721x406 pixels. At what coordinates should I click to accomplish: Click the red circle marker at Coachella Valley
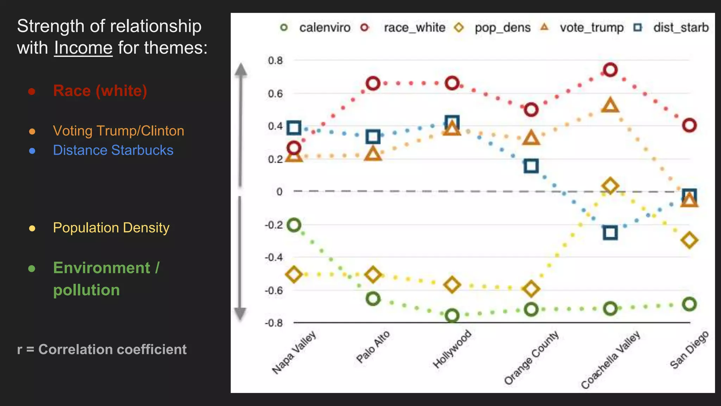(610, 70)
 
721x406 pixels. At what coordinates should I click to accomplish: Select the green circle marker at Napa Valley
(294, 225)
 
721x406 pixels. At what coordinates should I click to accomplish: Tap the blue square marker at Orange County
(531, 166)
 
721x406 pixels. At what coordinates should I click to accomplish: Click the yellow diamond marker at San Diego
(689, 240)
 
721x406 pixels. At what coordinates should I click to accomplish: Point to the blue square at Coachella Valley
(610, 233)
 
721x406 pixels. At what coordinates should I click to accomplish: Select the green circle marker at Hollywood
(452, 315)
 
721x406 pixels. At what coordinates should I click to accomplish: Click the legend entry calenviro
(324, 27)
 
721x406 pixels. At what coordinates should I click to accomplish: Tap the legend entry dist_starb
(681, 27)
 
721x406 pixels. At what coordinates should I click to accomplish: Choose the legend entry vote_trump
(591, 27)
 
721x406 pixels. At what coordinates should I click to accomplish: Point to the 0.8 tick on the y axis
(275, 61)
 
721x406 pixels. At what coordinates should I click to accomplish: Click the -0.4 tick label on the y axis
(274, 257)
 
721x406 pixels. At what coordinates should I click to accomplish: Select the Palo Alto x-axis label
(373, 347)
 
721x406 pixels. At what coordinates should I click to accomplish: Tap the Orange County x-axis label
(531, 358)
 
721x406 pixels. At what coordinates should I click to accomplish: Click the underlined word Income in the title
(83, 48)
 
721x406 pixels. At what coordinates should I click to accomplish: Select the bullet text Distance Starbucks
(113, 150)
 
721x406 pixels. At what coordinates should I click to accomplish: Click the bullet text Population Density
(111, 228)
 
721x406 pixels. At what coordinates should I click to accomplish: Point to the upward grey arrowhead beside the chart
(241, 70)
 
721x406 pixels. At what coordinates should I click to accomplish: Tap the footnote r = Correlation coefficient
(102, 349)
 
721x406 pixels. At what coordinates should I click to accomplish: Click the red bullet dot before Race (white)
(32, 92)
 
